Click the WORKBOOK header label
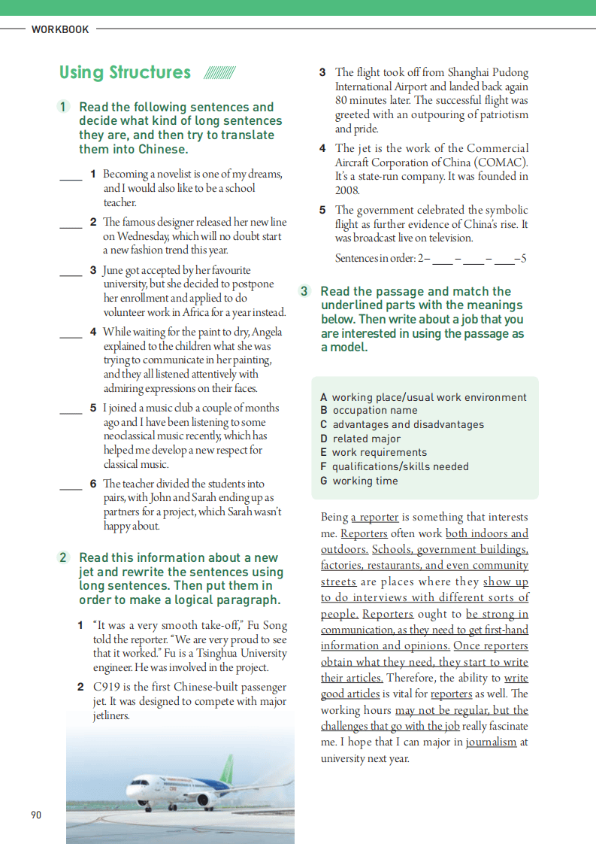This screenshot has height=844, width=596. [60, 29]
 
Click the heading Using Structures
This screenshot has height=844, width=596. [125, 72]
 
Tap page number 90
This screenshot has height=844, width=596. [36, 815]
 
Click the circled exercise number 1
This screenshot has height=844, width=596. [65, 107]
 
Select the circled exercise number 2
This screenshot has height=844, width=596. [65, 557]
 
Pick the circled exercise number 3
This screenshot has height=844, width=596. [305, 291]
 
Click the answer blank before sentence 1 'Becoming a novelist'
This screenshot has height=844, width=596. [71, 178]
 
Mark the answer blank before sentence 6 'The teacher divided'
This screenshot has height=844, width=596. [71, 487]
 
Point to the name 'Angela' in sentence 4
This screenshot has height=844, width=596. [268, 332]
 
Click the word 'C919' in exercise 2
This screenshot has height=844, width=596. [107, 688]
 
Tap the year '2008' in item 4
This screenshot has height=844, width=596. [347, 191]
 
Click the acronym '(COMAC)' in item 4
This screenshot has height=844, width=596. [504, 162]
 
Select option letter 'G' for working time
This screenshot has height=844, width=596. [324, 481]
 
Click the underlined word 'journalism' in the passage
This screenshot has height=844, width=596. [492, 742]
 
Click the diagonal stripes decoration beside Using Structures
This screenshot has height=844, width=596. [219, 73]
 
